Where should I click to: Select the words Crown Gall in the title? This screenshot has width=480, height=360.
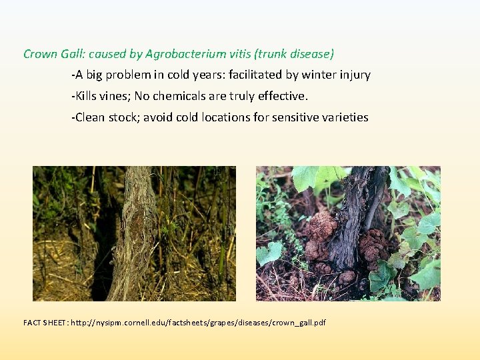[52, 54]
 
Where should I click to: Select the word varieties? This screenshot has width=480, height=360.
[345, 117]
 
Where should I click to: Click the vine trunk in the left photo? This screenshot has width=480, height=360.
[137, 233]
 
